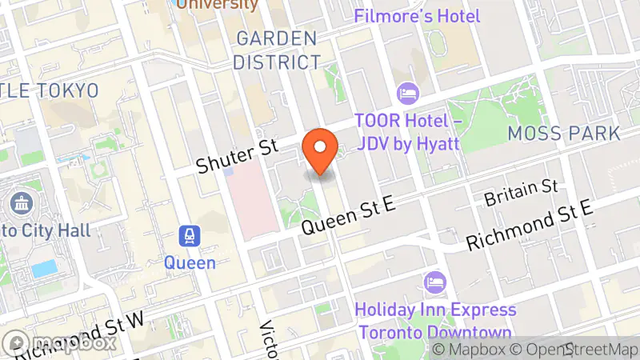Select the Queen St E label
[x=349, y=216]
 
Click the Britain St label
[x=521, y=191]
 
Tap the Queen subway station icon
[x=190, y=237]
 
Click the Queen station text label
[x=190, y=262]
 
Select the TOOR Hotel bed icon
[x=407, y=94]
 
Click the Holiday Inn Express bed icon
[x=436, y=282]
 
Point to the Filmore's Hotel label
[x=417, y=16]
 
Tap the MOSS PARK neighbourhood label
[x=564, y=134]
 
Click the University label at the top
[x=218, y=5]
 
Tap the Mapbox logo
[x=60, y=343]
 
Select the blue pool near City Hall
[x=44, y=268]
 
